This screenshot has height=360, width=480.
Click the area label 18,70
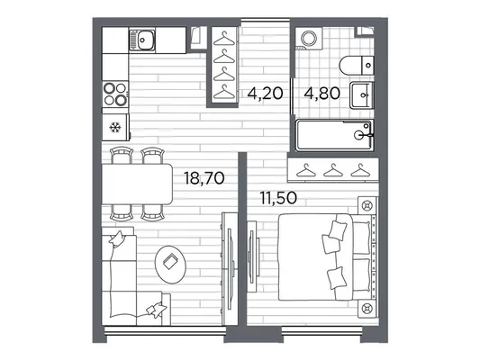[x=204, y=178]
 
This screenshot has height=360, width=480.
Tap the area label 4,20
[x=265, y=93]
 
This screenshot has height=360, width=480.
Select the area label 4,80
[x=322, y=93]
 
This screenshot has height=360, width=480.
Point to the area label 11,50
[x=278, y=198]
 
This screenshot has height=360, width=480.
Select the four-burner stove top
[x=115, y=94]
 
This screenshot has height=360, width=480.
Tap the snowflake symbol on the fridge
[x=115, y=127]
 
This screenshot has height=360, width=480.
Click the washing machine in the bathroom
[x=309, y=38]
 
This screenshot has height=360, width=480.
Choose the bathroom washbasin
[x=362, y=95]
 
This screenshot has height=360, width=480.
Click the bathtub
[x=335, y=135]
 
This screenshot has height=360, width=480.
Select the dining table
[x=138, y=184]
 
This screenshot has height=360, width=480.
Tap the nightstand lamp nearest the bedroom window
[x=367, y=309]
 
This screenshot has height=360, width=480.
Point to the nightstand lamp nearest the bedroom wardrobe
[x=367, y=205]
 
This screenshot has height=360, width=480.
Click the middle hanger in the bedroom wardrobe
[x=333, y=171]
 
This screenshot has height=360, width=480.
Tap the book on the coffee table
[x=170, y=262]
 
